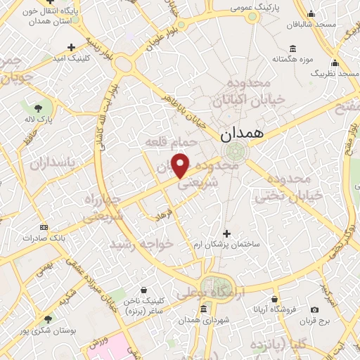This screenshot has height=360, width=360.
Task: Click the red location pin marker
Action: (181, 166)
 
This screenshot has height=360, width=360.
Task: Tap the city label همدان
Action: (243, 133)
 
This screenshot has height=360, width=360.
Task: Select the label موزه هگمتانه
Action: (293, 58)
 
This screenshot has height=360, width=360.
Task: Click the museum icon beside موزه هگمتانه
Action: (293, 48)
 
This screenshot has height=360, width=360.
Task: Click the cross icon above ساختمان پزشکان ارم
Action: (226, 233)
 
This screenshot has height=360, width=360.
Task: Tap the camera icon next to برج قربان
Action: (314, 309)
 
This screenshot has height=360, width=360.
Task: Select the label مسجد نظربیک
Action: (335, 73)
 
